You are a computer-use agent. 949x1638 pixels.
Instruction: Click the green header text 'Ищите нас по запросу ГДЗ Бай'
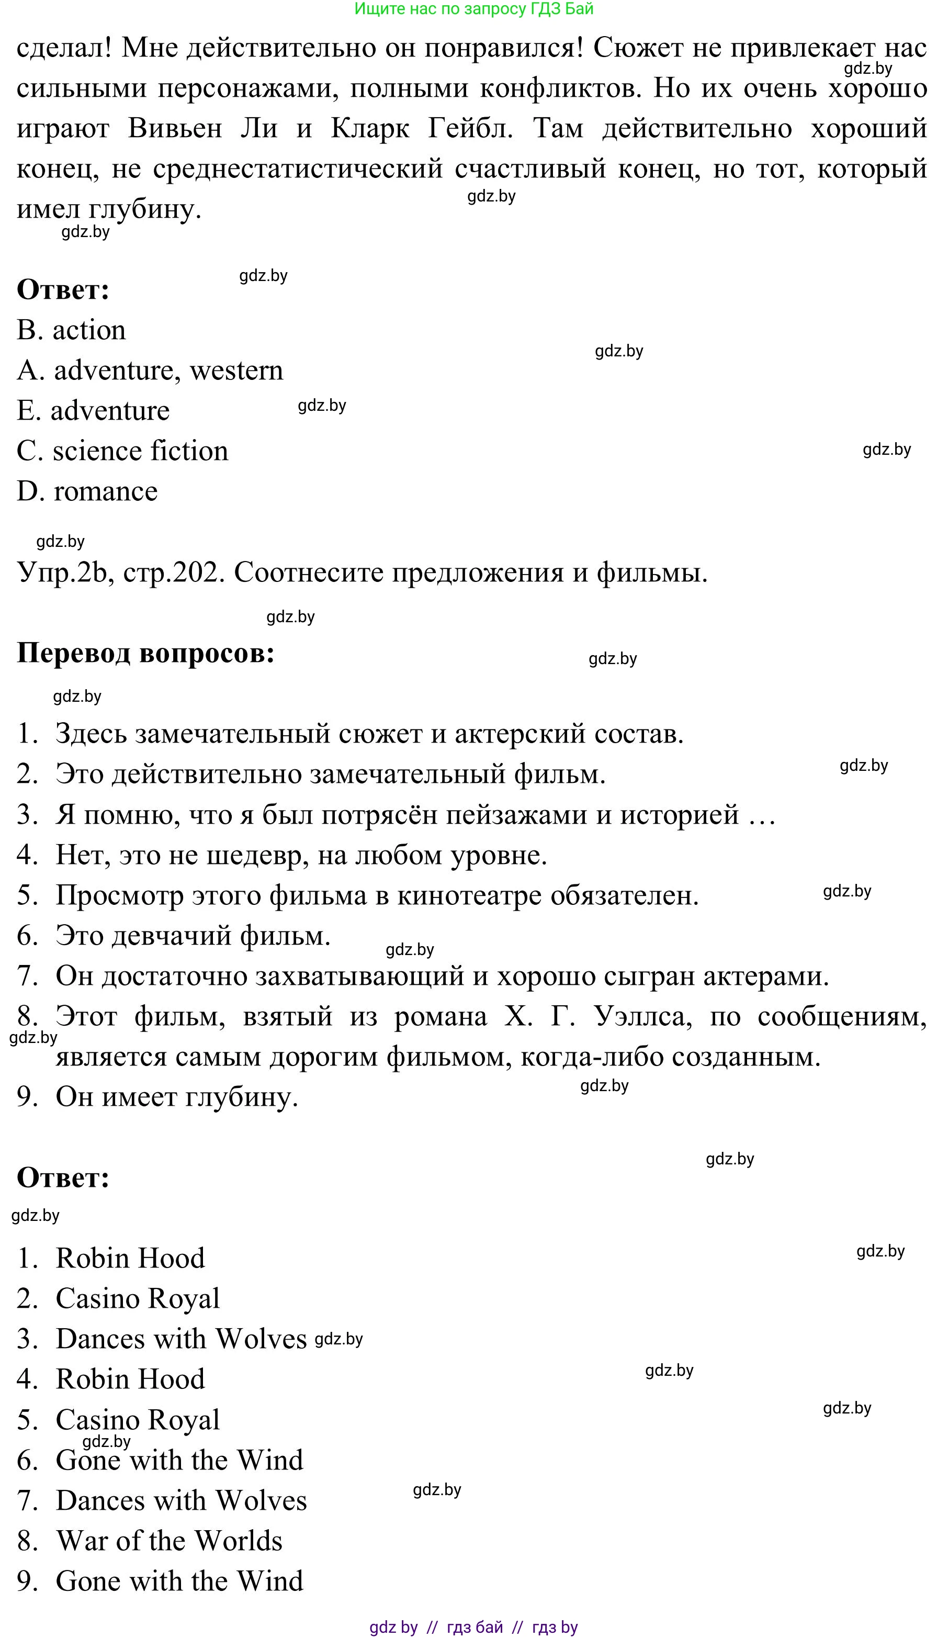click(x=474, y=9)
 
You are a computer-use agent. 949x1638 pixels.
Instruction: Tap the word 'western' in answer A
click(x=236, y=371)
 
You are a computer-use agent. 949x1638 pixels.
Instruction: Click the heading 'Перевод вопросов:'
click(x=145, y=653)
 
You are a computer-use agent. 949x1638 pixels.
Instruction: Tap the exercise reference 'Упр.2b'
click(x=62, y=573)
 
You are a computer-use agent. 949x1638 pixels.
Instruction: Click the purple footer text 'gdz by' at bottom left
click(x=393, y=1627)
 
